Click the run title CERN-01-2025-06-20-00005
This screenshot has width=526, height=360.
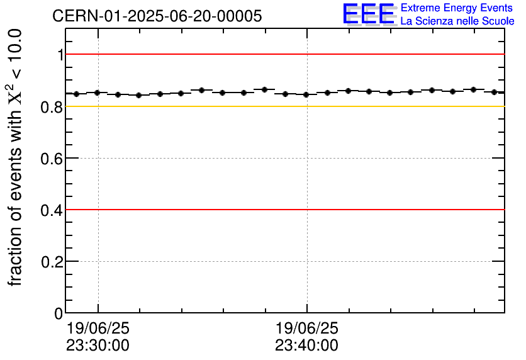tap(157, 16)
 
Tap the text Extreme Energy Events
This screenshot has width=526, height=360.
tap(457, 8)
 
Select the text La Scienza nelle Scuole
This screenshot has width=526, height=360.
tap(457, 21)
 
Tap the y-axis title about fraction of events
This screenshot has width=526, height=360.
tap(16, 157)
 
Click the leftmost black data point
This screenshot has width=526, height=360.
tap(76, 94)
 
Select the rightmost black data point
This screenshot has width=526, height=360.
tap(495, 92)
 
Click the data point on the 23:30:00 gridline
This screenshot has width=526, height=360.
tap(98, 93)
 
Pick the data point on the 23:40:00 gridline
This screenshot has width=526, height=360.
tap(306, 94)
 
